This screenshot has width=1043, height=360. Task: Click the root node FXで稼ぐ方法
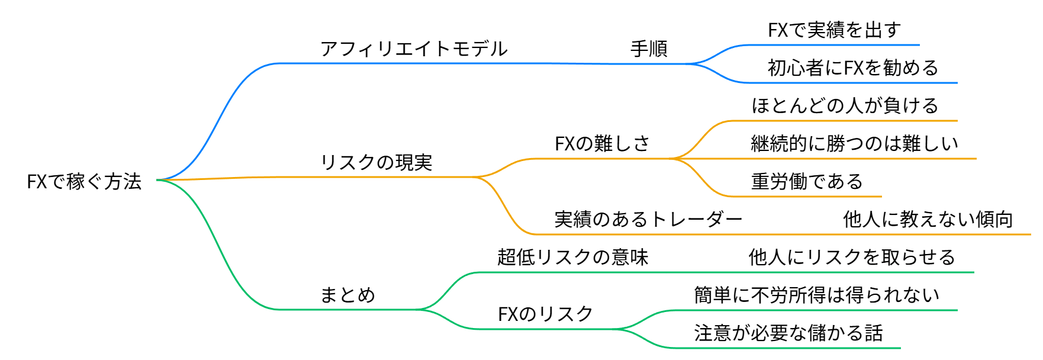click(x=84, y=181)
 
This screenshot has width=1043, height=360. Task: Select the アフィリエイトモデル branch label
click(x=414, y=49)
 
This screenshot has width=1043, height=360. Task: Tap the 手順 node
click(x=649, y=49)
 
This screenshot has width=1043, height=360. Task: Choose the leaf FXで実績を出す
click(x=834, y=30)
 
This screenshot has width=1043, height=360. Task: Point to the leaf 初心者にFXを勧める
click(x=853, y=67)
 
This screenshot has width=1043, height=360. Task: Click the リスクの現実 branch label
click(x=376, y=162)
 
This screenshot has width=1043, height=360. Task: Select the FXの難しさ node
click(x=602, y=143)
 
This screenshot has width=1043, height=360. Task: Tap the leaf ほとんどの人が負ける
click(x=845, y=105)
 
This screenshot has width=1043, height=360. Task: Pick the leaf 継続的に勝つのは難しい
click(x=854, y=143)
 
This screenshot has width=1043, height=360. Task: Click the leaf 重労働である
click(x=807, y=181)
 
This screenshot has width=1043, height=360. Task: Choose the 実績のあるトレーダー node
click(x=648, y=219)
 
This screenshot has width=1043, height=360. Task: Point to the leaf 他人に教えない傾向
click(x=928, y=219)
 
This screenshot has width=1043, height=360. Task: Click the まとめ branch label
click(x=347, y=295)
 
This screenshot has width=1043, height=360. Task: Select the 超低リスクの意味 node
click(x=572, y=257)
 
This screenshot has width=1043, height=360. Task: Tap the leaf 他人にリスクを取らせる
click(x=852, y=257)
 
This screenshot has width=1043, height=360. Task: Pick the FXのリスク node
click(x=545, y=314)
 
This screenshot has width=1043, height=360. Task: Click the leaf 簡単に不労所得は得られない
click(x=816, y=295)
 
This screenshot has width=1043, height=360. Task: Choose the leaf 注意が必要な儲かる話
click(x=788, y=333)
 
